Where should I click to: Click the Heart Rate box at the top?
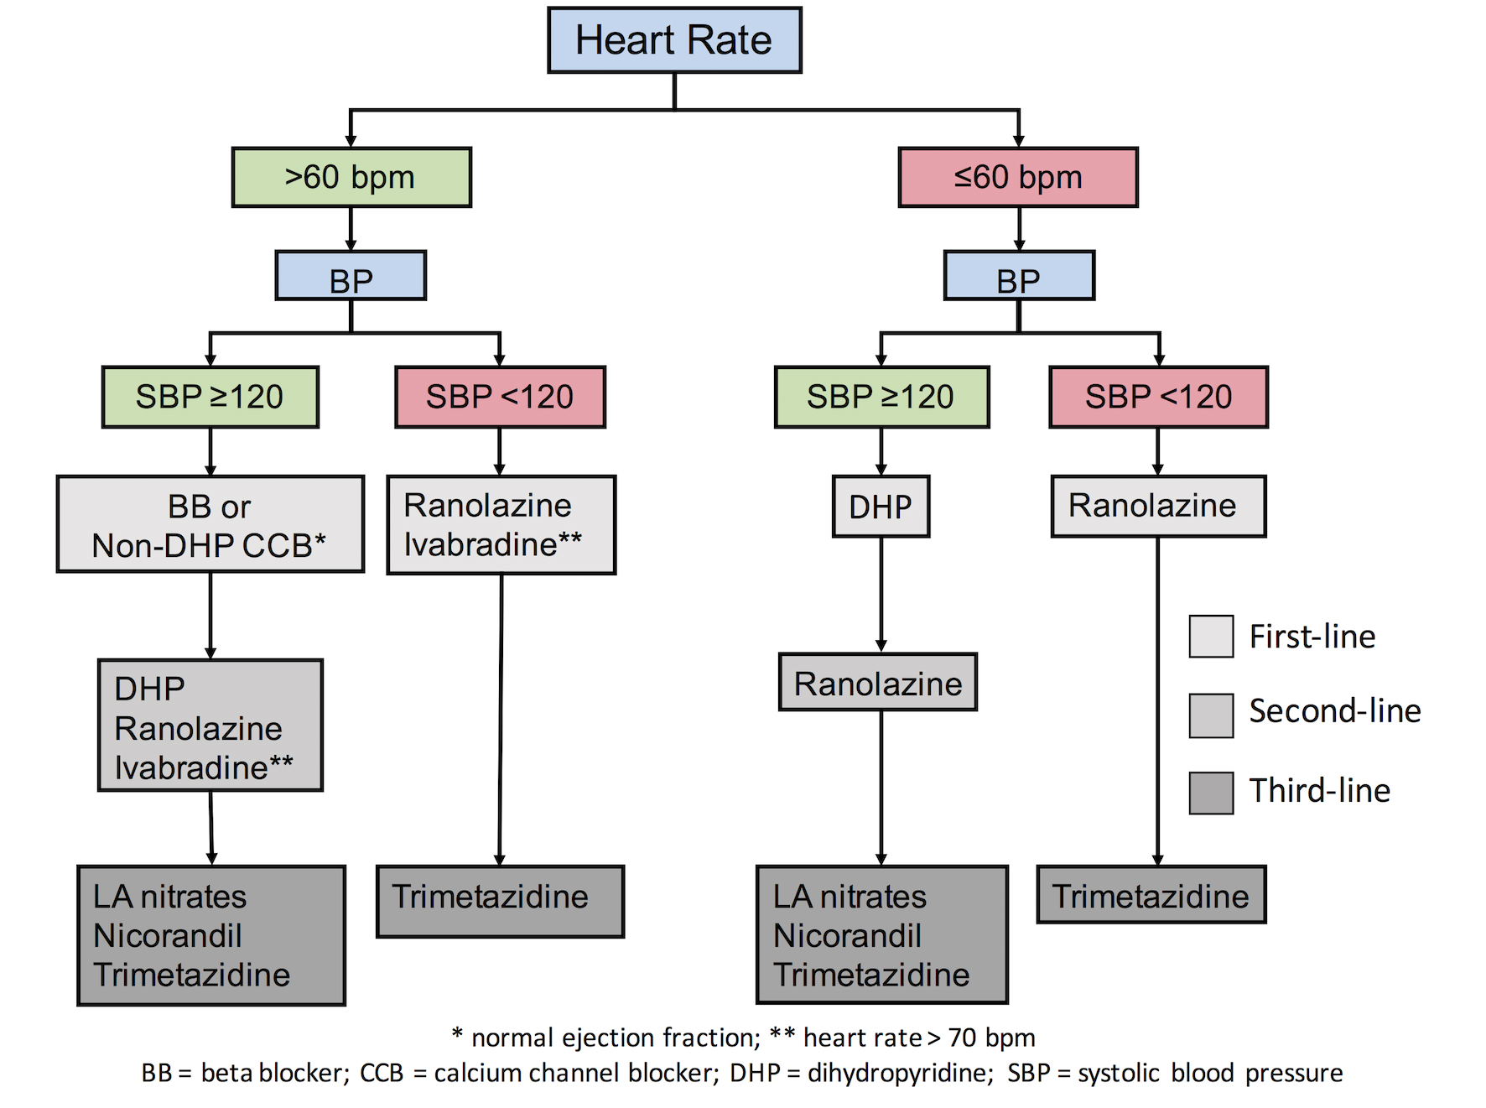(674, 40)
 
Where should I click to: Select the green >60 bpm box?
(351, 177)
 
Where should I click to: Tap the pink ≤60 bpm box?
(1018, 177)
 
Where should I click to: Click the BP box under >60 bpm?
(351, 276)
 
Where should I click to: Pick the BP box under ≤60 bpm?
(1019, 276)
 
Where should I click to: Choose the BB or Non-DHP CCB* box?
(210, 524)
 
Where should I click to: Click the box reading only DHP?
(881, 507)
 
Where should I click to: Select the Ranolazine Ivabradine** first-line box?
(501, 525)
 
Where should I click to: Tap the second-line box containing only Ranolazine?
(877, 683)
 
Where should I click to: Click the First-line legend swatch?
(1211, 636)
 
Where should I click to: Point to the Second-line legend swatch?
(1211, 715)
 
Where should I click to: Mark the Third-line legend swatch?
(1211, 793)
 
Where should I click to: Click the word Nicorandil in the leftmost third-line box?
(168, 935)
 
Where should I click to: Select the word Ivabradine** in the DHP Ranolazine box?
(204, 767)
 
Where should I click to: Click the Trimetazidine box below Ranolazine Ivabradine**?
(500, 901)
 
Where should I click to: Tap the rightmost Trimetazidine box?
(1151, 895)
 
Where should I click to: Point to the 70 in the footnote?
(962, 1038)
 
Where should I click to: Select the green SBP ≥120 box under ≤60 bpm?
(881, 397)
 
